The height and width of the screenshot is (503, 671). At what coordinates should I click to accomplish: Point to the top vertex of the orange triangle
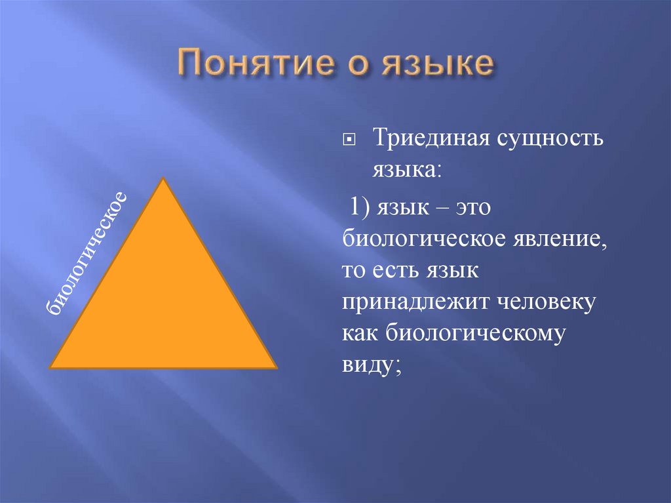click(162, 178)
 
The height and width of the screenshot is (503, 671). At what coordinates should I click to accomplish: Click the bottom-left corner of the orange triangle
click(51, 367)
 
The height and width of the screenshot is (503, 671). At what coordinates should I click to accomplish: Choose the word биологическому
click(474, 332)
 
